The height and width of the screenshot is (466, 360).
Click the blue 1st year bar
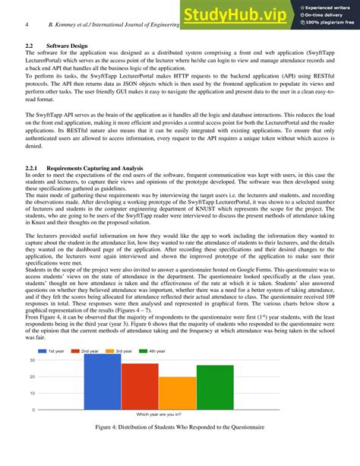(x=103, y=381)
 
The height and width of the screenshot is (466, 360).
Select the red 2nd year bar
(x=140, y=386)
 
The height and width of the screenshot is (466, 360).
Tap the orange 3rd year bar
(x=178, y=393)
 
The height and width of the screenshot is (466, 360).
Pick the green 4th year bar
(x=215, y=387)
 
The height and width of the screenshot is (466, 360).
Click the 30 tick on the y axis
(x=33, y=360)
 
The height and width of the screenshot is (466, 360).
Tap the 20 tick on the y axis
(x=33, y=376)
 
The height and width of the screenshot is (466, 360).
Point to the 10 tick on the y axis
(x=33, y=393)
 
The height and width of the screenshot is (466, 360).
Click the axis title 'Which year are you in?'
(x=159, y=415)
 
